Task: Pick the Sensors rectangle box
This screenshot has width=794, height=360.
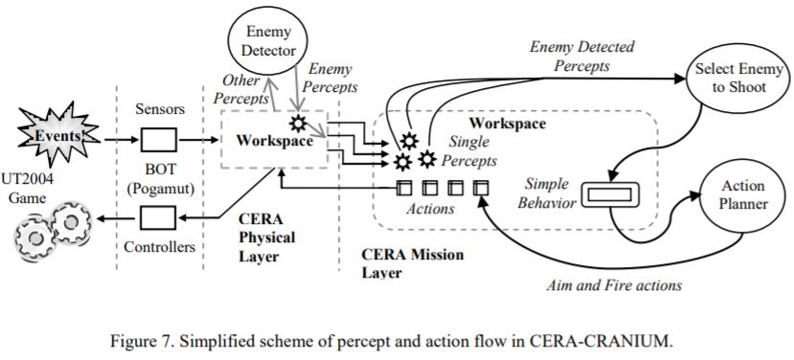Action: (x=158, y=140)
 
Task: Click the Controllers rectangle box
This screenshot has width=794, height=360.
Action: (x=158, y=218)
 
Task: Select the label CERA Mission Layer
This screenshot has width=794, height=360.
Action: (x=412, y=262)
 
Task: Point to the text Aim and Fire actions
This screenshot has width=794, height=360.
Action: (x=614, y=285)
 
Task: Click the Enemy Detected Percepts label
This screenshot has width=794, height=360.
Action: (x=581, y=56)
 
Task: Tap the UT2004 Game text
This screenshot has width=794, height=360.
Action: (x=26, y=186)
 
